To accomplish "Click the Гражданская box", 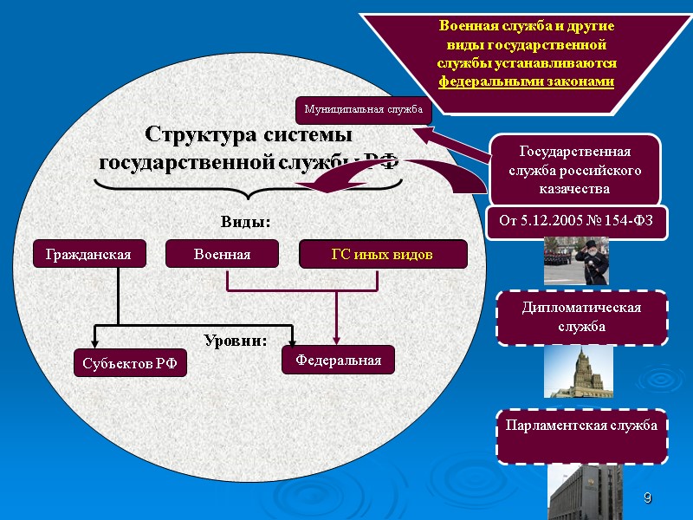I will [x=88, y=254].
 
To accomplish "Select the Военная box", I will [x=222, y=254].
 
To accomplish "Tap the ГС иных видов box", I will [x=382, y=254].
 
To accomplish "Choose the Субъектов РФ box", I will [x=129, y=363].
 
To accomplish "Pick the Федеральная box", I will [x=338, y=359].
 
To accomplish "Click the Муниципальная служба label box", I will [x=362, y=110].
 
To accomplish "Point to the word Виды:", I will [x=245, y=222].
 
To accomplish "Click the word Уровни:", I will [x=235, y=340].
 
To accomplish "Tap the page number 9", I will [x=646, y=498].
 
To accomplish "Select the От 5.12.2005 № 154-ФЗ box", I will [x=575, y=224].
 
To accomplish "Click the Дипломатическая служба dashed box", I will [x=581, y=317].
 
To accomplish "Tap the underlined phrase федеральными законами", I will [x=526, y=81].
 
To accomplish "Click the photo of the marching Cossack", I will [x=576, y=261].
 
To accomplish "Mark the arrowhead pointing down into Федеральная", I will [x=336, y=341].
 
